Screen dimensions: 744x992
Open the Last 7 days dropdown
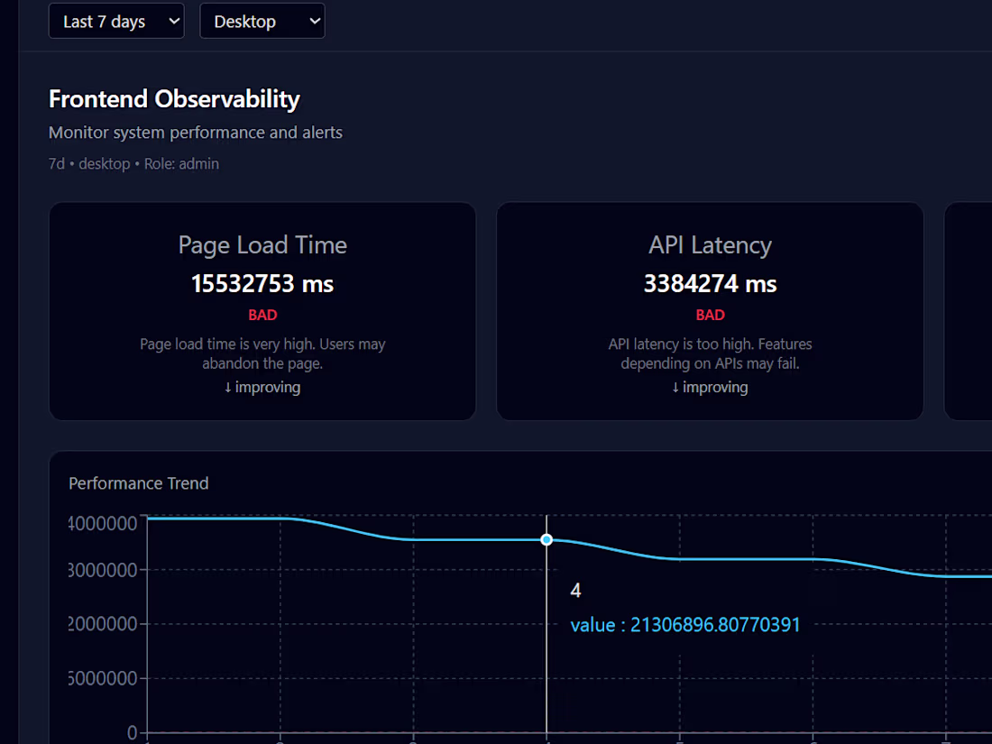coord(116,22)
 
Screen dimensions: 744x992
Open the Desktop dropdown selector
coord(262,22)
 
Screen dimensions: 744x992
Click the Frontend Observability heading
coord(174,99)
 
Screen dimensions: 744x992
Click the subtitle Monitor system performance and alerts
coord(196,133)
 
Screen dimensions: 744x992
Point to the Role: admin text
coord(181,164)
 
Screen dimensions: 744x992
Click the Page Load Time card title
coord(262,245)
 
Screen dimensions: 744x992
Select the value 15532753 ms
coord(262,284)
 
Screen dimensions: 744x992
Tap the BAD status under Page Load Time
coord(262,316)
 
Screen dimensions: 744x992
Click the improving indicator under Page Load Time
coord(262,387)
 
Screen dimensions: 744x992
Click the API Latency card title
coord(710,245)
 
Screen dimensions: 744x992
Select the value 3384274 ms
coord(710,284)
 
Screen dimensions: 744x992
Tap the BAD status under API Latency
coord(710,316)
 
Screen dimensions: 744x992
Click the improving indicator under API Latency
coord(710,387)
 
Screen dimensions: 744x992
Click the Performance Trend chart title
coord(139,483)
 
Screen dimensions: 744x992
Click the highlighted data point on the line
coord(547,540)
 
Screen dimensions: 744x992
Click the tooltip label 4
coord(576,591)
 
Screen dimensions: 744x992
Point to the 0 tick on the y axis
coord(133,732)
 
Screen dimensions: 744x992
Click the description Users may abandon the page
coord(262,354)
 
